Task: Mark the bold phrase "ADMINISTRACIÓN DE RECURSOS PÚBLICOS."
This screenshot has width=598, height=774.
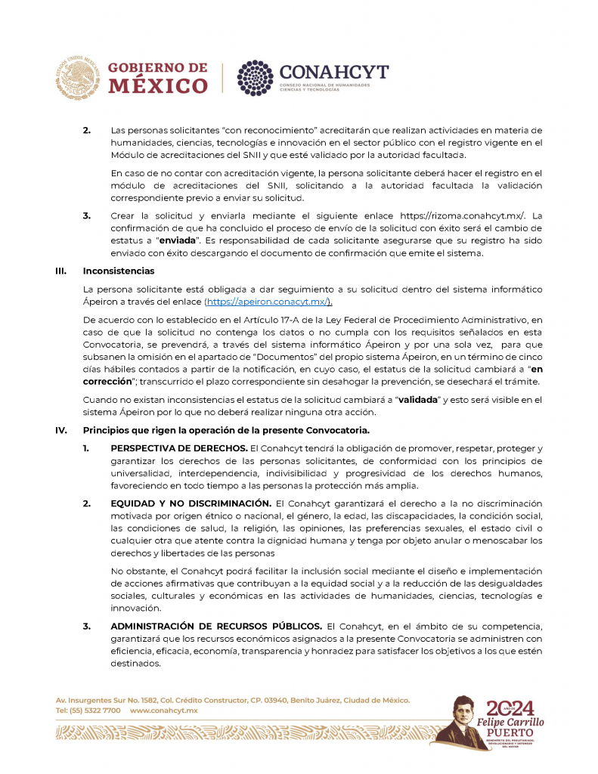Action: [x=216, y=626]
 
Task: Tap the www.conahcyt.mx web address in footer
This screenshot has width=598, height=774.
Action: [x=164, y=711]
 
